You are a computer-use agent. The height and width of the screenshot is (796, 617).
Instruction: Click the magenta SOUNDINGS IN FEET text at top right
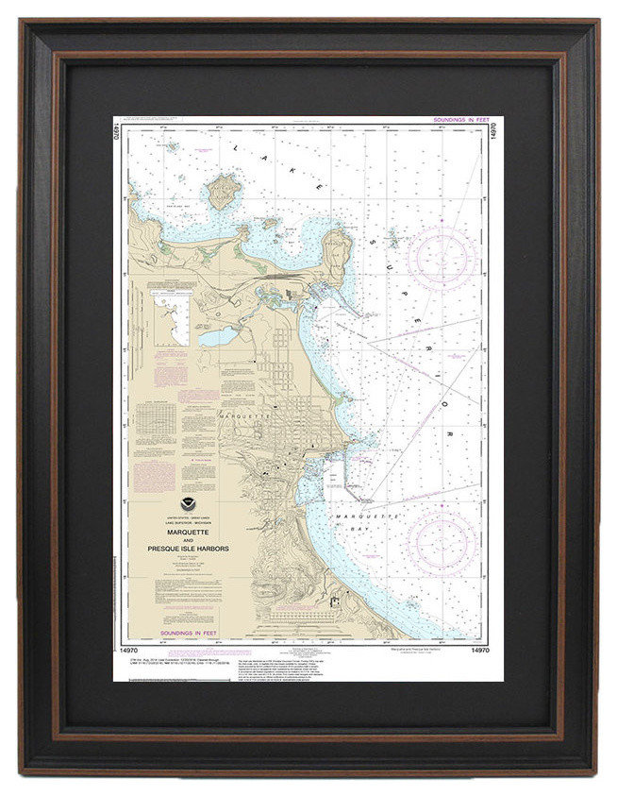[460, 121]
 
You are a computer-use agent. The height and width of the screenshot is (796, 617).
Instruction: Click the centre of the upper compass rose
[442, 258]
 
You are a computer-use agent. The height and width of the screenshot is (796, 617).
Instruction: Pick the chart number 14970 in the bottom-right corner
[479, 651]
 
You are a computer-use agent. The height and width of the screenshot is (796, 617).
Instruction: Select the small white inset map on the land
[171, 316]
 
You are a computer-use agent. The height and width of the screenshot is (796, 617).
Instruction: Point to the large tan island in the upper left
[223, 191]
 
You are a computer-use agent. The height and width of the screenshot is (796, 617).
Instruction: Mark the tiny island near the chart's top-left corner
[171, 147]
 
